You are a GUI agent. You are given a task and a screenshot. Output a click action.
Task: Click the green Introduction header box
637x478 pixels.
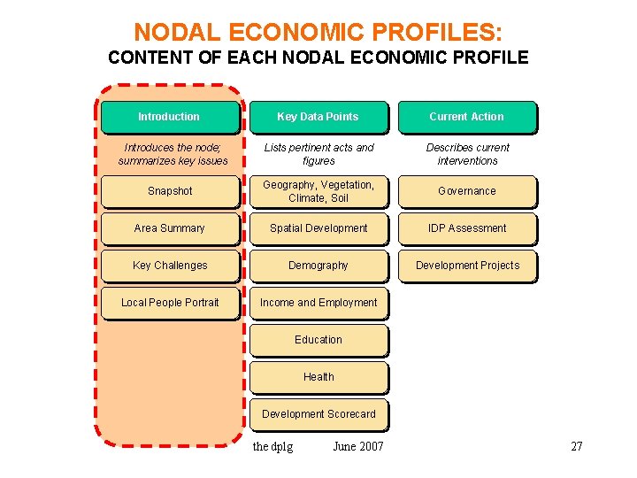[x=169, y=117]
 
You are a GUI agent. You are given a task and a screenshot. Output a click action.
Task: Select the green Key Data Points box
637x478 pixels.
[x=318, y=117]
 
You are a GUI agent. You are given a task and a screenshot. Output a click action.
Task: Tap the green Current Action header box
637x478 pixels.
[x=466, y=117]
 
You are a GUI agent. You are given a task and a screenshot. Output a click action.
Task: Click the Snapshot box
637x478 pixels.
[x=169, y=191]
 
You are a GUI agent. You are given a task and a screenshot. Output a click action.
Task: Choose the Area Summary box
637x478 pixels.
[x=169, y=228]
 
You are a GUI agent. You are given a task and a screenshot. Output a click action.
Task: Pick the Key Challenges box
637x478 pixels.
[x=169, y=266]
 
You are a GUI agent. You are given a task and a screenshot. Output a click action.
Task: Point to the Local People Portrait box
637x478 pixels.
[x=169, y=303]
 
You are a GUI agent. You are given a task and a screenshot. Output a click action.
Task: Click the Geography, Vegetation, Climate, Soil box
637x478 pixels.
[x=318, y=191]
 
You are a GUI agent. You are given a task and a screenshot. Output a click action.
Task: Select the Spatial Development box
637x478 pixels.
[x=318, y=228]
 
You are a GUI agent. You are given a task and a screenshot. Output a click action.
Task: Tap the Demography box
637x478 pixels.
[x=318, y=266]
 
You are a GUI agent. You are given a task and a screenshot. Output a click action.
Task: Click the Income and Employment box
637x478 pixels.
[x=318, y=303]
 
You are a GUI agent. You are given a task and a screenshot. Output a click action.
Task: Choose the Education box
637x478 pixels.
[x=318, y=340]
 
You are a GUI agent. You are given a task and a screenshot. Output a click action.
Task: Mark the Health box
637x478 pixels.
[x=318, y=377]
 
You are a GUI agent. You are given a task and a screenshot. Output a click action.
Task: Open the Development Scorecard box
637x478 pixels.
[x=318, y=414]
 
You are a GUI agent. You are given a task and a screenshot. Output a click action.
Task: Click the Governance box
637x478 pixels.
[x=466, y=191]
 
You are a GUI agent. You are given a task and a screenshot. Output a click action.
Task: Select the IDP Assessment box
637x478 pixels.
[x=466, y=228]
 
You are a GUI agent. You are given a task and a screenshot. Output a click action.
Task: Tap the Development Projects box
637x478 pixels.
[x=466, y=266]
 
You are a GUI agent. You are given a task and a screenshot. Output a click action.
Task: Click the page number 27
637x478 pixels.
[x=577, y=446]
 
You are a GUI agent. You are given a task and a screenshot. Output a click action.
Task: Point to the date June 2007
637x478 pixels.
[x=358, y=446]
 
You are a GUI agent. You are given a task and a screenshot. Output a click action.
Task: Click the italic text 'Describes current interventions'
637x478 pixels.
[x=467, y=154]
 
